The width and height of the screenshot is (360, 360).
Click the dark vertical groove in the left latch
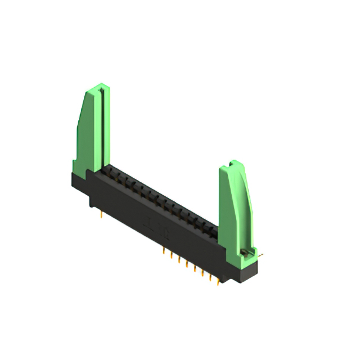pyautogui.click(x=102, y=124)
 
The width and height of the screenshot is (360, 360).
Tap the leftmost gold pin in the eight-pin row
pyautogui.click(x=164, y=247)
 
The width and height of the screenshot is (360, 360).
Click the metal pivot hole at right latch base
pyautogui.click(x=245, y=251)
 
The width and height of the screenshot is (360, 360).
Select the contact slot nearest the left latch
pyautogui.click(x=112, y=171)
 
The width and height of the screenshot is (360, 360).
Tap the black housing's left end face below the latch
pyautogui.click(x=79, y=183)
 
